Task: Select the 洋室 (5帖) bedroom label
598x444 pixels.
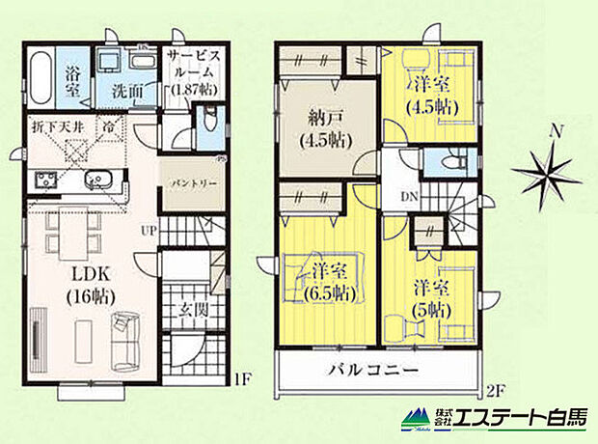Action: click(x=434, y=298)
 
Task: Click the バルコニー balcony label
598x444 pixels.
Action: click(x=371, y=371)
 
